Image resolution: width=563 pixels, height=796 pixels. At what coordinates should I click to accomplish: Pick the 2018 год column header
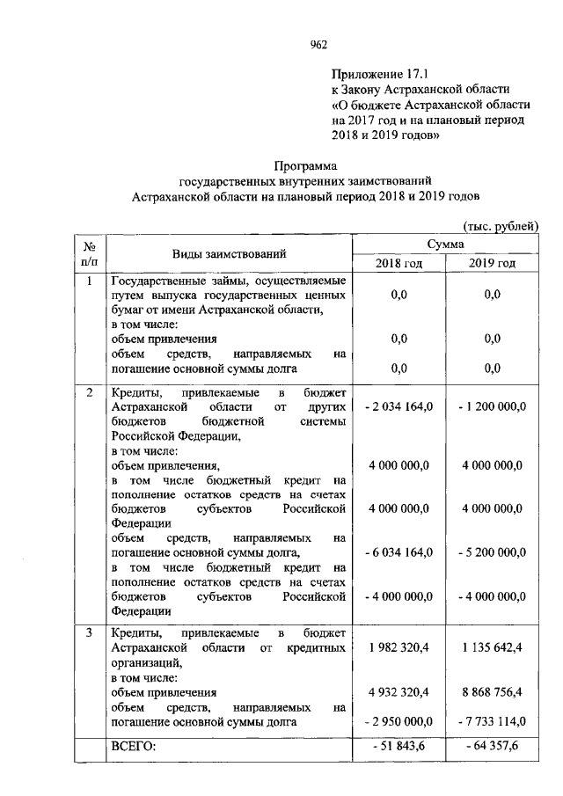click(399, 263)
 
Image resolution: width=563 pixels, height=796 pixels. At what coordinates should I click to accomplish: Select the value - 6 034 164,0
click(398, 551)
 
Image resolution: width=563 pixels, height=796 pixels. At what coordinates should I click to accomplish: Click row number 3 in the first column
click(90, 632)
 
